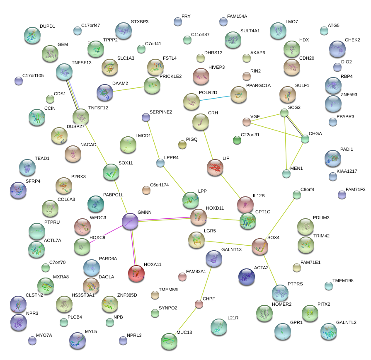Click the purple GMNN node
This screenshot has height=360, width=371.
(130, 221)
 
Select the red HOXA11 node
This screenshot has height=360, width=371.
(136, 274)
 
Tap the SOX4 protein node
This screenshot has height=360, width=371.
(260, 246)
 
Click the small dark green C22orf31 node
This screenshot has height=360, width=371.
(237, 140)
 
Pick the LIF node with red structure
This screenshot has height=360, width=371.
(215, 167)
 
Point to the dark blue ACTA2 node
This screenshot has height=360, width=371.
(247, 277)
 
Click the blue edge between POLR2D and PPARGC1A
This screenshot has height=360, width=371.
(215, 98)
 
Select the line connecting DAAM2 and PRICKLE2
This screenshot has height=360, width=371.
(129, 89)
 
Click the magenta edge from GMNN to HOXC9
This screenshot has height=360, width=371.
(107, 234)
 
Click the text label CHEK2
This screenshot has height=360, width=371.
(352, 40)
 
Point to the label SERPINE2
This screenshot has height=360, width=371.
(161, 112)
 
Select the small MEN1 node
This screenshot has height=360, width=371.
(286, 174)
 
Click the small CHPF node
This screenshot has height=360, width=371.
(199, 304)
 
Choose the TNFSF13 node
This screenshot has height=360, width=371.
(64, 72)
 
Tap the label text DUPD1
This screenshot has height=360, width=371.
(47, 26)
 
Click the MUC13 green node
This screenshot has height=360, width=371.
(169, 341)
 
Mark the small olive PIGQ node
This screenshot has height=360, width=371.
(182, 145)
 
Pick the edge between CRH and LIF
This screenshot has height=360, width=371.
(208, 145)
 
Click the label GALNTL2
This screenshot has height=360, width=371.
(346, 322)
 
